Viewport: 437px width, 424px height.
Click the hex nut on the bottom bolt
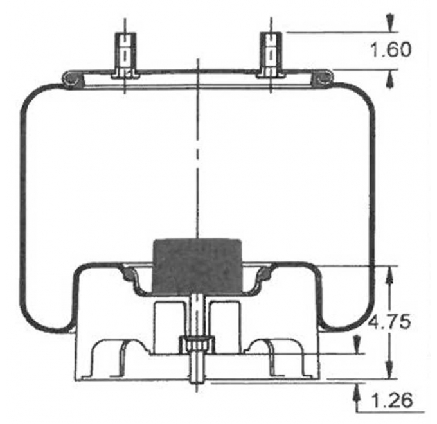[x=197, y=346]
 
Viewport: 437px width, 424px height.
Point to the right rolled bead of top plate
[x=323, y=78]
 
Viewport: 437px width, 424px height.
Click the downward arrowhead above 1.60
[x=389, y=24]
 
